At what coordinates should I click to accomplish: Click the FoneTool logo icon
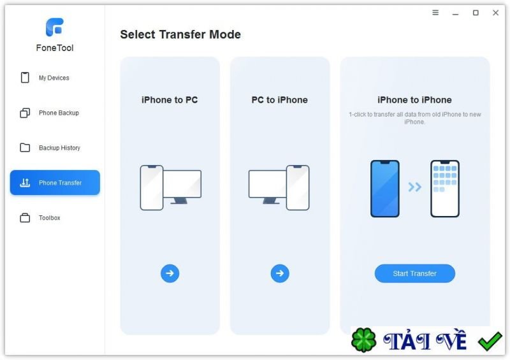(54, 27)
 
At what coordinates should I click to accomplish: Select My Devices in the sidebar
(45, 78)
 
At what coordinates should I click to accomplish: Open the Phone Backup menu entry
(50, 113)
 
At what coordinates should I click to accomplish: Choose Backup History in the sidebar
(50, 148)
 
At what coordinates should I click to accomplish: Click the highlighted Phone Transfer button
(55, 182)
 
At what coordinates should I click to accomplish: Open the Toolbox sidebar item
(40, 217)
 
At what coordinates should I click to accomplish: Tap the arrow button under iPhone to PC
(170, 273)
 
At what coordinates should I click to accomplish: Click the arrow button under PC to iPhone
(280, 273)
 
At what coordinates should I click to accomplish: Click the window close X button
(495, 13)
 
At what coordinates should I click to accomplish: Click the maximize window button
(476, 13)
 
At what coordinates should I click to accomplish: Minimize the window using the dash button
(455, 14)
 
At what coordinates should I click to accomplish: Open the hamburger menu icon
(435, 13)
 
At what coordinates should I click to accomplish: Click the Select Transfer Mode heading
(180, 34)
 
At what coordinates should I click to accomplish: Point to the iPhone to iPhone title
(414, 100)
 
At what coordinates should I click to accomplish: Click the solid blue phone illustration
(385, 189)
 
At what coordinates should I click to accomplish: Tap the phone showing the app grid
(444, 189)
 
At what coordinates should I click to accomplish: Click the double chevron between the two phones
(415, 187)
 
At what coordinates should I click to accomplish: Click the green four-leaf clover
(363, 340)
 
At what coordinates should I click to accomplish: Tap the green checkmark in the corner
(490, 341)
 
